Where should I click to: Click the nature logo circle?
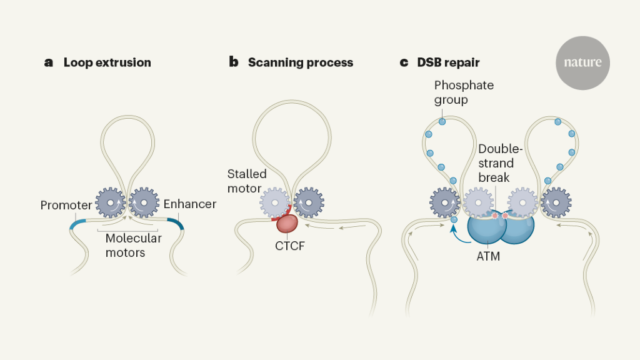582,63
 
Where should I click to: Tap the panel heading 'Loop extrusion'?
107,62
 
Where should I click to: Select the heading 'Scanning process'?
300,62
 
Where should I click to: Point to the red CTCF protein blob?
287,223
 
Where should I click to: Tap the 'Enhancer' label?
190,204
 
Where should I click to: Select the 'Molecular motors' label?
133,245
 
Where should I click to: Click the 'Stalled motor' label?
247,181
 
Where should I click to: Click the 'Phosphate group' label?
464,92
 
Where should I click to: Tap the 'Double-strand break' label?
496,162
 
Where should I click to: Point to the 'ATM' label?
488,256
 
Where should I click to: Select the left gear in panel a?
111,202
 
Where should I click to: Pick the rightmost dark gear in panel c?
556,202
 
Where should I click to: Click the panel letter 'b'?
234,62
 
